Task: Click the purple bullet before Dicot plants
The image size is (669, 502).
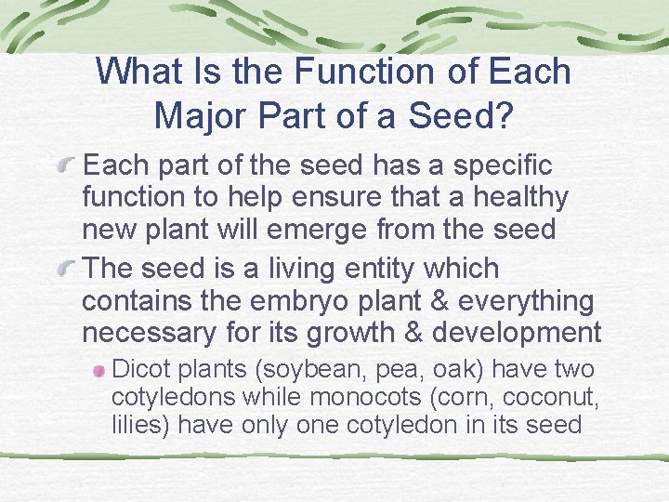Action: pos(99,371)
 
